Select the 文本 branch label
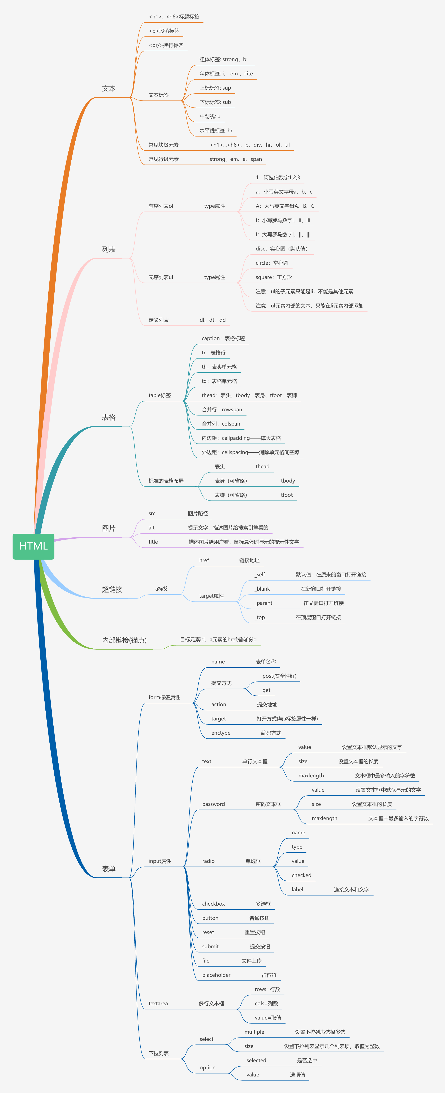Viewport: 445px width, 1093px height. click(x=109, y=89)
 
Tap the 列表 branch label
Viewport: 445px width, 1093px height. click(x=109, y=249)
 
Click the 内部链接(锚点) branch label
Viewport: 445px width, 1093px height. click(x=124, y=640)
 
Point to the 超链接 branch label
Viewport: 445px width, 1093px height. click(x=112, y=589)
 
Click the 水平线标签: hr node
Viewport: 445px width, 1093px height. click(x=216, y=131)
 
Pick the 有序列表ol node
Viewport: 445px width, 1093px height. click(x=161, y=206)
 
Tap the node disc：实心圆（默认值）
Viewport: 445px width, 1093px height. click(x=282, y=249)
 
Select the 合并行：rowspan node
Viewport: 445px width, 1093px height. click(x=222, y=409)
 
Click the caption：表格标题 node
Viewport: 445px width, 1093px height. click(x=223, y=338)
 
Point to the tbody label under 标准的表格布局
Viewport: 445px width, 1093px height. click(x=288, y=481)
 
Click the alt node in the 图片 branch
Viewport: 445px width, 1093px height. click(x=152, y=528)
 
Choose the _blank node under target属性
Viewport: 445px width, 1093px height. click(x=262, y=589)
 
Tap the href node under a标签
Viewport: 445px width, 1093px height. click(x=204, y=560)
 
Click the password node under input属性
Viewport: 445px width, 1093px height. click(x=213, y=804)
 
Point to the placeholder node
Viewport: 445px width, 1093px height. click(x=216, y=975)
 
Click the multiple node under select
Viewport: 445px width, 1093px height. click(x=254, y=1032)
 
